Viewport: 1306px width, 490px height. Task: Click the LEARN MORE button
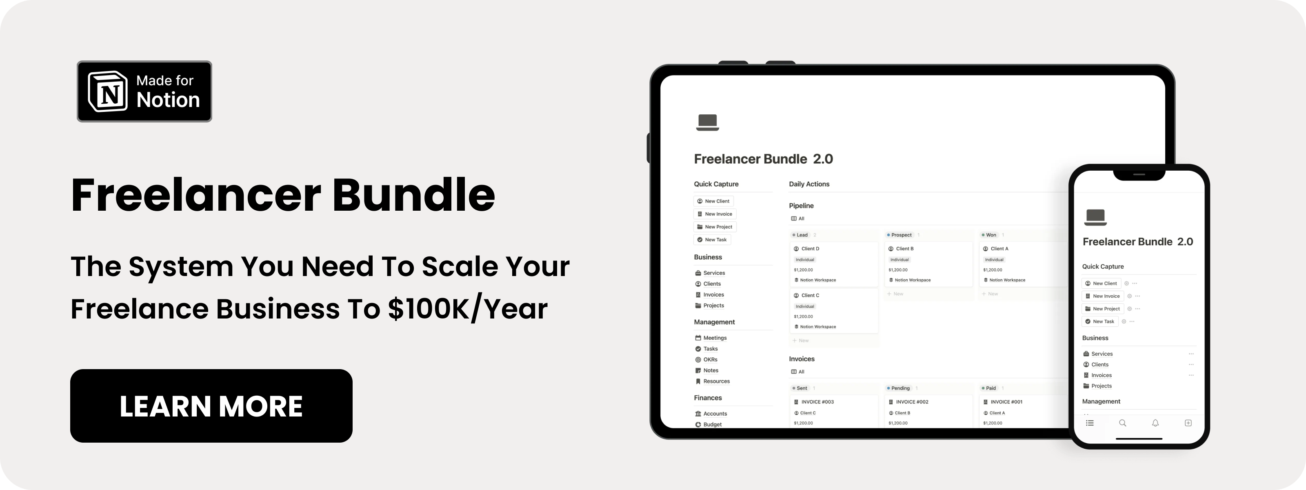coord(211,406)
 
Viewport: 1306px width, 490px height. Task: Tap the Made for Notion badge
coord(144,91)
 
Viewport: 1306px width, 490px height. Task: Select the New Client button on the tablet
coord(713,201)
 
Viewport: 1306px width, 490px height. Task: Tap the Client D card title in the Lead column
coord(810,249)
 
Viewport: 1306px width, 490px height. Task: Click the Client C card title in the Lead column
coord(810,295)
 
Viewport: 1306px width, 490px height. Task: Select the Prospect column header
coord(901,235)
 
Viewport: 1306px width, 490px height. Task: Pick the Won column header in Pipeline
coord(991,235)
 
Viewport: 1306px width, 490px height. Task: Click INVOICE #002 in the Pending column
coord(912,402)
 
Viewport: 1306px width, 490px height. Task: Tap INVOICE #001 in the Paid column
coord(1006,402)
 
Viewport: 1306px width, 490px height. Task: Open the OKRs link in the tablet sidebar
coord(710,360)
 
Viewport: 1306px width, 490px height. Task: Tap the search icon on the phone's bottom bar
coord(1122,423)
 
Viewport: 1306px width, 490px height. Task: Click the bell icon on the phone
coord(1155,423)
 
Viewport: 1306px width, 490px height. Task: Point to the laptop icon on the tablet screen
coord(707,122)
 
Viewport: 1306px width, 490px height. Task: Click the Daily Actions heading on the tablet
coord(809,184)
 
